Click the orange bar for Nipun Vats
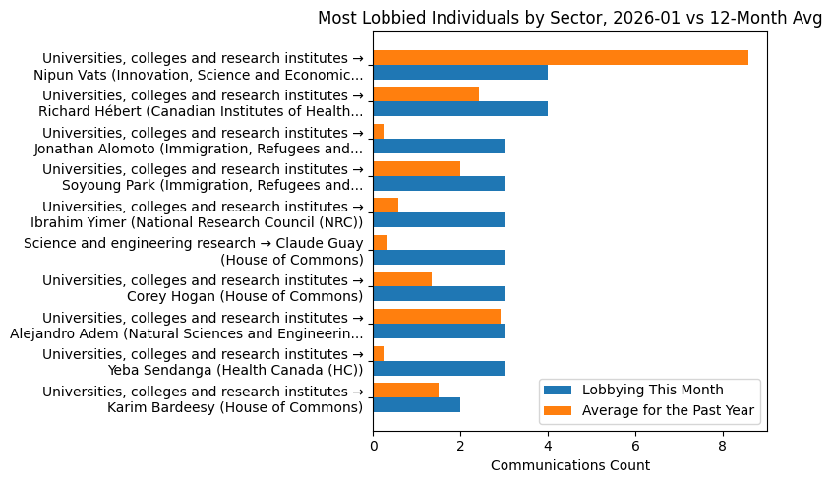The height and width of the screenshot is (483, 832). pos(561,57)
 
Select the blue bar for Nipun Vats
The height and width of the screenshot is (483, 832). pos(460,73)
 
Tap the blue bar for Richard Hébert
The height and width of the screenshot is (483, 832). pos(460,109)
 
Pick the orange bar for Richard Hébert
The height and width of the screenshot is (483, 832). pos(426,94)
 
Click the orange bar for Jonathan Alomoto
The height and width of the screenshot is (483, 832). pos(379,131)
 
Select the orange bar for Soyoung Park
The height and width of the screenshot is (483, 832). pos(416,168)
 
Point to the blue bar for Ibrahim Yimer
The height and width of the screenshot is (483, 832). pos(439,220)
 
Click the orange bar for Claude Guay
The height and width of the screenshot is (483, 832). pos(381,242)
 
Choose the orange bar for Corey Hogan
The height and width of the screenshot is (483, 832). pos(402,279)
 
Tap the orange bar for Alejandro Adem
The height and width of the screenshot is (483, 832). pos(437,316)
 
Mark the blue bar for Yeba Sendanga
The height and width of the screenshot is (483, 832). pos(439,368)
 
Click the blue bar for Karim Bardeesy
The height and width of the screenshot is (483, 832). pos(416,405)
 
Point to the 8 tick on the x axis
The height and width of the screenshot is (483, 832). pos(723,446)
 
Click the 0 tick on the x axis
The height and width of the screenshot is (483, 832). pos(373,446)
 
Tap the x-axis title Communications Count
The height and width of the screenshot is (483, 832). pos(569,465)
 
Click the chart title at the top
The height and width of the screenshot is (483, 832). pos(569,17)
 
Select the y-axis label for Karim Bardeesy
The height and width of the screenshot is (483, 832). pos(203,398)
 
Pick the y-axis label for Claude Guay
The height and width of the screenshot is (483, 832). pos(193,251)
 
